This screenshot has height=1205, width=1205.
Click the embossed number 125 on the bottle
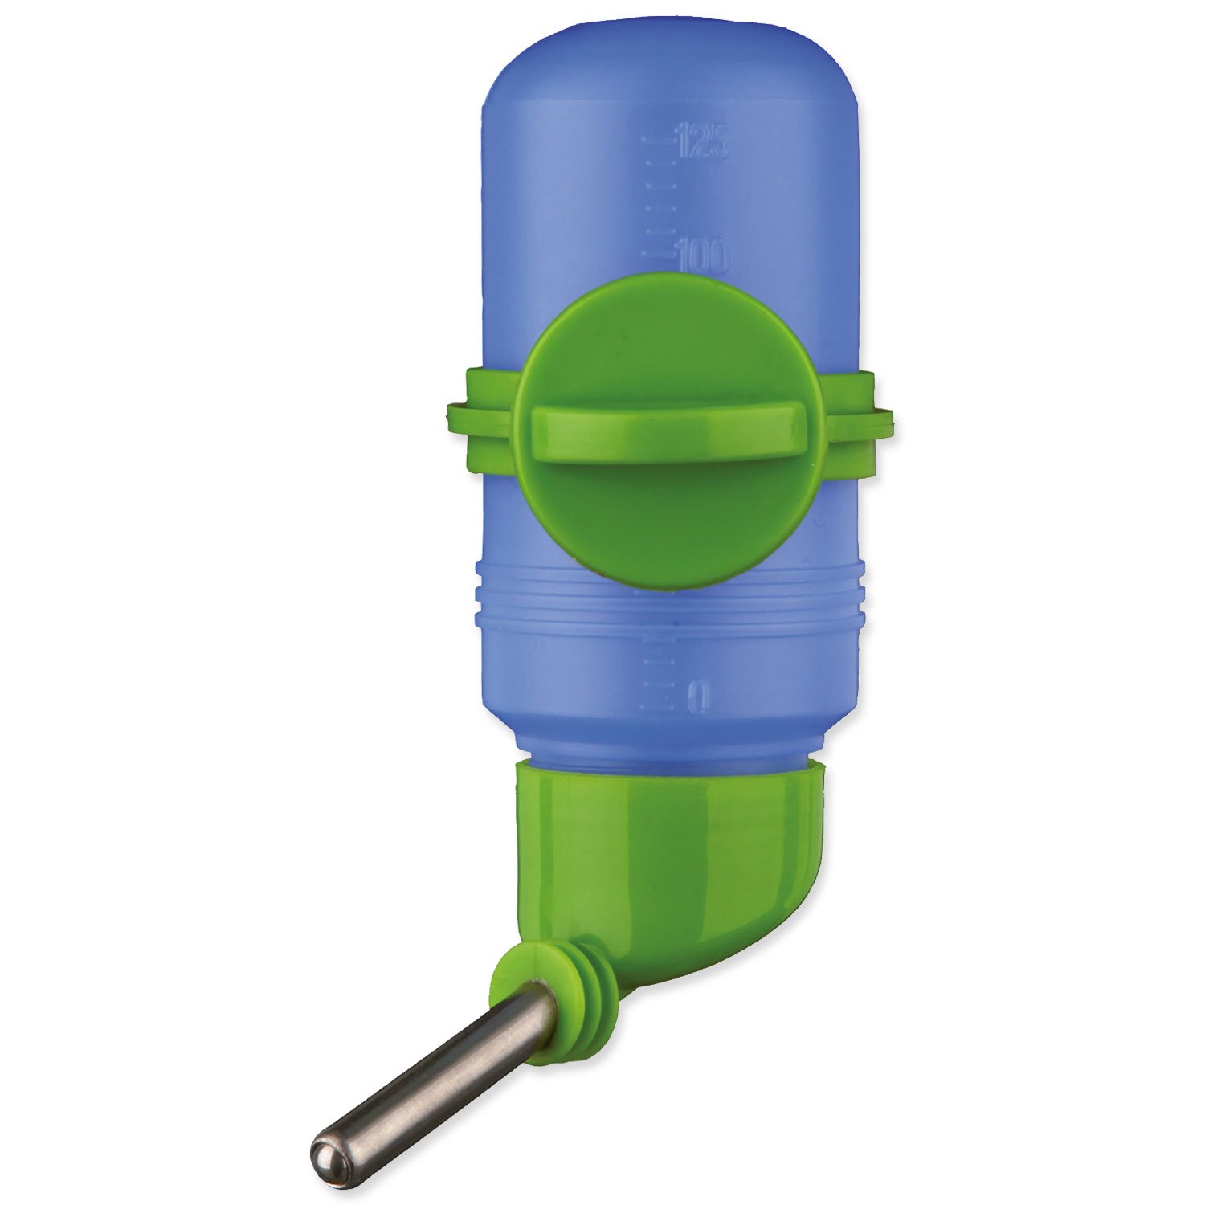coord(703,141)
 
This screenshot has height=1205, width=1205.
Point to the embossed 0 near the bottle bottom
coord(700,696)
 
